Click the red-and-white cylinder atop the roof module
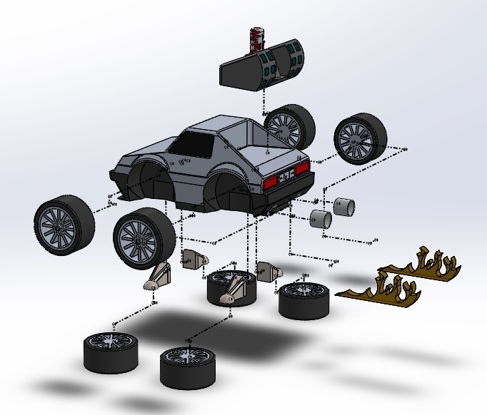point(254,40)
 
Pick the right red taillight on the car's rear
point(301,170)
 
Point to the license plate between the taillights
point(287,175)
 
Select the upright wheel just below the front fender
point(144,240)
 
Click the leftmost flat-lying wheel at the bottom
point(110,349)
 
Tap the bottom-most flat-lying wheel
point(186,363)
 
